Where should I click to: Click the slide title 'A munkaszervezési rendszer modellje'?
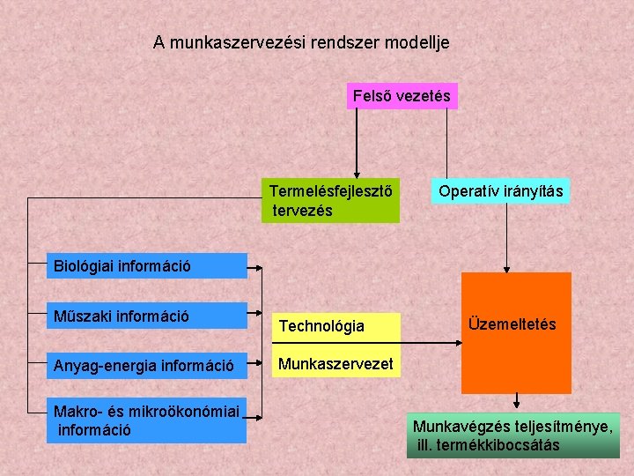point(301,41)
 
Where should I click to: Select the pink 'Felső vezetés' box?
point(402,95)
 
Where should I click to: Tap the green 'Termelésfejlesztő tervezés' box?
point(331,201)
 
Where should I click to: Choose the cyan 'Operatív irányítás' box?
point(501,191)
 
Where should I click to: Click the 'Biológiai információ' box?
point(146,265)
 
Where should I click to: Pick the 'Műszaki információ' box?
point(146,315)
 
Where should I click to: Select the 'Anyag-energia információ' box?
point(146,364)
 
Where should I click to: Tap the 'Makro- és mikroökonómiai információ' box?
point(146,420)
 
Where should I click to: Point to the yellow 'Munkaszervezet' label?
point(335,362)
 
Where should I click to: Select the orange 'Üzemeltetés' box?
point(516,333)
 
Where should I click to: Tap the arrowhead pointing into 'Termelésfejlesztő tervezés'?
point(357,175)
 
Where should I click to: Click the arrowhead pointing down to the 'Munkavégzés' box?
point(519,406)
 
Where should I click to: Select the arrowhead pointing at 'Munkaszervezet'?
point(267,362)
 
